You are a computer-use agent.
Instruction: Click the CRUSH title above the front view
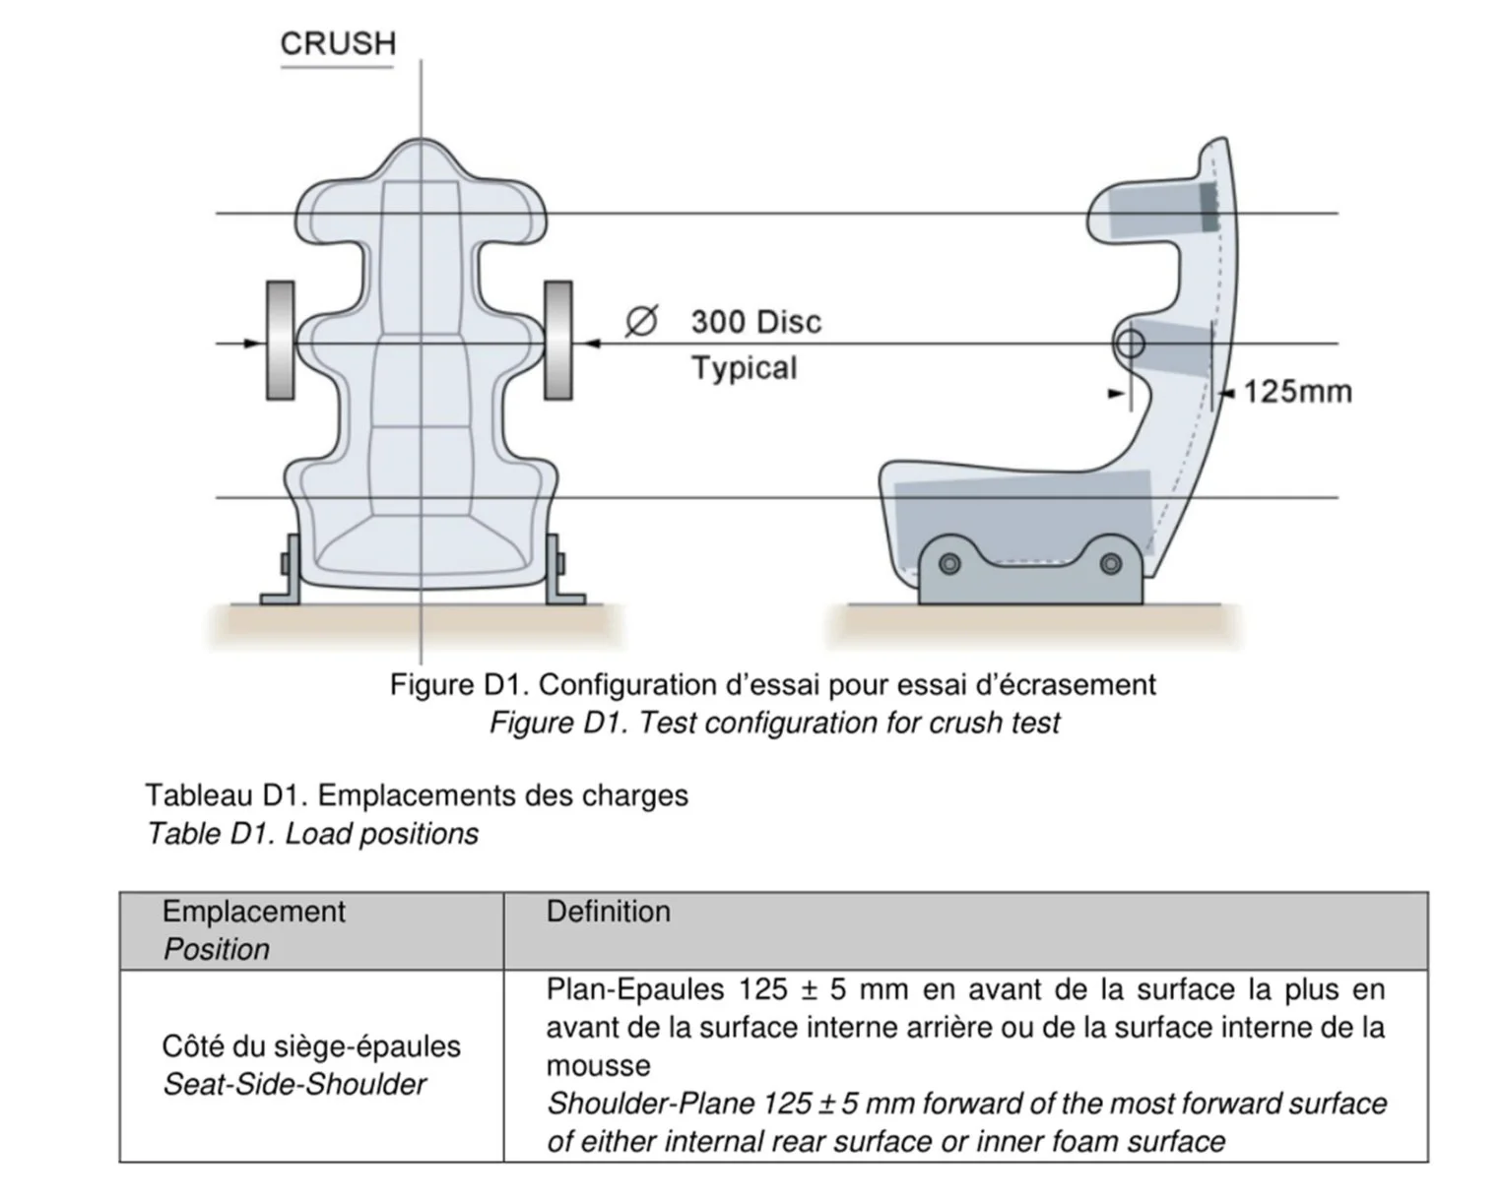click(338, 43)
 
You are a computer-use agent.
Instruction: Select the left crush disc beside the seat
click(280, 341)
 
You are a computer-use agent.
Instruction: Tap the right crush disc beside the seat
click(558, 341)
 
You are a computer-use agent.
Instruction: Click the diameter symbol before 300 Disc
click(641, 321)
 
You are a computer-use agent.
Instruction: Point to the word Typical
click(744, 368)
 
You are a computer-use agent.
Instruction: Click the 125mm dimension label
click(1298, 392)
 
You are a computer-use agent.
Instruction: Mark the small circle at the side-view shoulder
click(1130, 345)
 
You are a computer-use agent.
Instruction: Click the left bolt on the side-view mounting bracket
click(949, 563)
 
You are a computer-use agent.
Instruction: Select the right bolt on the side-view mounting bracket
click(1110, 563)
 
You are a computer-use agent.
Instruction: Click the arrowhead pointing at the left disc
click(253, 344)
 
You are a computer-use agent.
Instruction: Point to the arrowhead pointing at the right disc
click(591, 344)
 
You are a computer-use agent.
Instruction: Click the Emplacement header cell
click(311, 930)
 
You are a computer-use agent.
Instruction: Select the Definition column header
click(609, 912)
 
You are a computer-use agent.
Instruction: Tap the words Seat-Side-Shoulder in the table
click(294, 1084)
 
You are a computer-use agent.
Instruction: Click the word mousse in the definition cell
click(599, 1066)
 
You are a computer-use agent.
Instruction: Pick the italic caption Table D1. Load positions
click(312, 834)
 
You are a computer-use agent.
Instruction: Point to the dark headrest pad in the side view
click(1209, 207)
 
